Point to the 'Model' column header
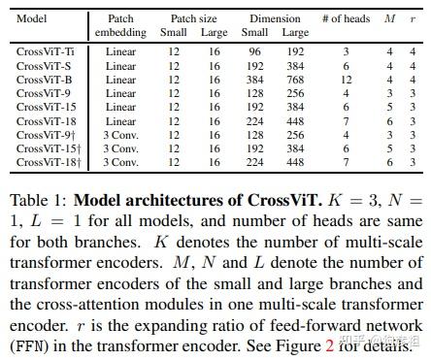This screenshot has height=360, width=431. point(32,17)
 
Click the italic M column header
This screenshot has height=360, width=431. point(389,17)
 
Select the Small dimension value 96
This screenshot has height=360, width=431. point(254,51)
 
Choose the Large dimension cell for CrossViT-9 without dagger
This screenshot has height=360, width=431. point(294,93)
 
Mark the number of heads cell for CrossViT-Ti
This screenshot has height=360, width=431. point(345,51)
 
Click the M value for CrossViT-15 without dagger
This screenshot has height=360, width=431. point(389,107)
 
